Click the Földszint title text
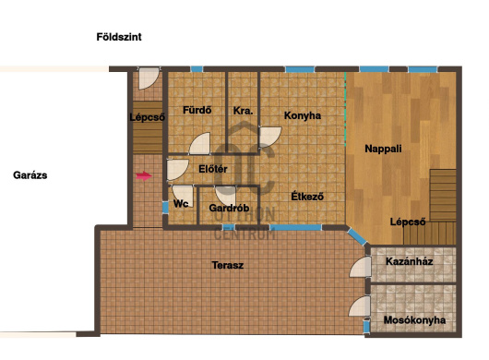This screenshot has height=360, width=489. click(119, 37)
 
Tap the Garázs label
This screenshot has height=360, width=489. click(30, 175)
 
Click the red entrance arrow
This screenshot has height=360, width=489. click(144, 176)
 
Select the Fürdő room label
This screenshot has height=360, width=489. click(197, 110)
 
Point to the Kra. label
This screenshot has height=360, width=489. click(243, 111)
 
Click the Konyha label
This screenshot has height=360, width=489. click(303, 115)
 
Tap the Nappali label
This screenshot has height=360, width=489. click(383, 149)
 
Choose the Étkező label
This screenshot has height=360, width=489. click(307, 197)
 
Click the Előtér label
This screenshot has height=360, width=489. click(213, 169)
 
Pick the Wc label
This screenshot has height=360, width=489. click(181, 204)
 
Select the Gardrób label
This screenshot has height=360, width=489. click(229, 208)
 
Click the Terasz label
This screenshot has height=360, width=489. click(228, 265)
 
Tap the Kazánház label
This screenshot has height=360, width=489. click(409, 261)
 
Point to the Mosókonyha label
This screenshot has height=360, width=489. click(414, 320)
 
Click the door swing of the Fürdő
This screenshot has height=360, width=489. click(200, 144)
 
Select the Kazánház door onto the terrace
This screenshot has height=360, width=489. click(361, 267)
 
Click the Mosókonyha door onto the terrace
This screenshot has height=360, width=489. click(360, 306)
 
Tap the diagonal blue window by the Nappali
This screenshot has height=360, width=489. click(357, 237)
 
